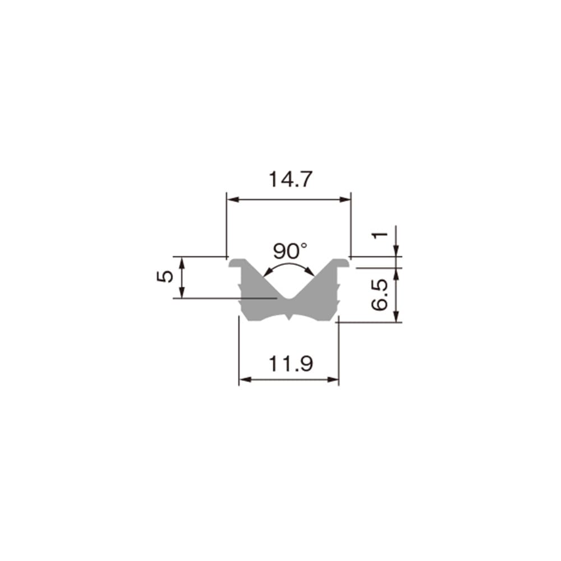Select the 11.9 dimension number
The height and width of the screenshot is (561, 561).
pyautogui.click(x=289, y=364)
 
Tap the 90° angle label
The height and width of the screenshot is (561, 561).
pyautogui.click(x=290, y=250)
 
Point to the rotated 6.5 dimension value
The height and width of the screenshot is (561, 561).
pyautogui.click(x=380, y=296)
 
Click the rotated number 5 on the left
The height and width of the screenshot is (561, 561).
pyautogui.click(x=165, y=277)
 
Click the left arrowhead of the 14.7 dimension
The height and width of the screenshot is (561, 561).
pyautogui.click(x=229, y=199)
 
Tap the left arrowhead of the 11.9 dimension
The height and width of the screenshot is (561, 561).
pyautogui.click(x=242, y=380)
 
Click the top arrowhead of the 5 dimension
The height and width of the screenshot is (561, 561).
pyautogui.click(x=181, y=260)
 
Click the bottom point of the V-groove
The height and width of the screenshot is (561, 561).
pyautogui.click(x=288, y=297)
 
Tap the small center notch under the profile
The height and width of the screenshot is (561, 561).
pyautogui.click(x=288, y=318)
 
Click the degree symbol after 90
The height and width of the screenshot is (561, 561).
pyautogui.click(x=304, y=245)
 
